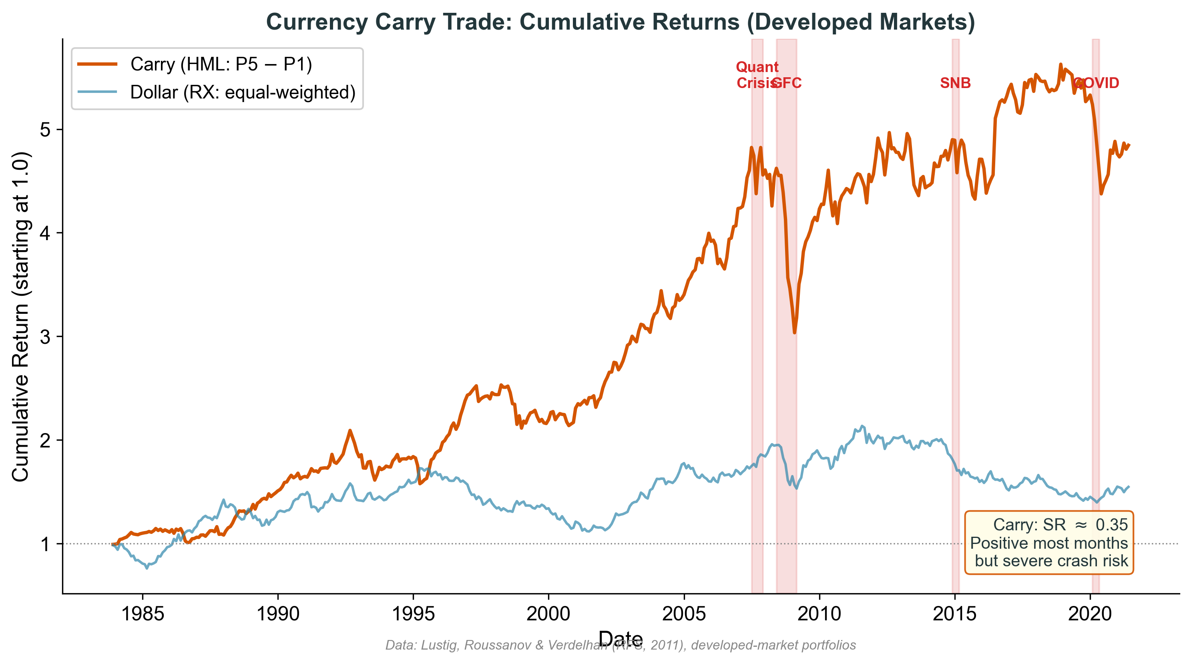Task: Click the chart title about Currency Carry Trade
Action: tap(621, 22)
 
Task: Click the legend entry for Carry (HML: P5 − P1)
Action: tap(221, 64)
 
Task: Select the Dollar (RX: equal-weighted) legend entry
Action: tap(242, 92)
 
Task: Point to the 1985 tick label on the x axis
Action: tap(143, 614)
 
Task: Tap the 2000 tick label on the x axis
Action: tap(548, 614)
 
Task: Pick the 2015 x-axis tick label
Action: tap(955, 614)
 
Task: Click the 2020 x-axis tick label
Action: tap(1090, 614)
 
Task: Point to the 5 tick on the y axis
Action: tap(45, 129)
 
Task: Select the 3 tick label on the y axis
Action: tap(45, 337)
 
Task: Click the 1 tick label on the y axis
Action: tap(45, 544)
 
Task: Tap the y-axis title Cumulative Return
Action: tap(21, 317)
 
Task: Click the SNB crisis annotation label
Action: tap(955, 83)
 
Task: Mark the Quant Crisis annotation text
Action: tap(757, 75)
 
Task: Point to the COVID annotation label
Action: tap(1096, 83)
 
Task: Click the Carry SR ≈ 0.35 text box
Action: tap(1049, 542)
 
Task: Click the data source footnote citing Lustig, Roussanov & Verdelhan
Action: tap(621, 646)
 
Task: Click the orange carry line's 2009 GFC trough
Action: tap(794, 332)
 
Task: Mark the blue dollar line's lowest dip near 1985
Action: tap(147, 568)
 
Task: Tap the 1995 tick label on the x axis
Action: tap(413, 614)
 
